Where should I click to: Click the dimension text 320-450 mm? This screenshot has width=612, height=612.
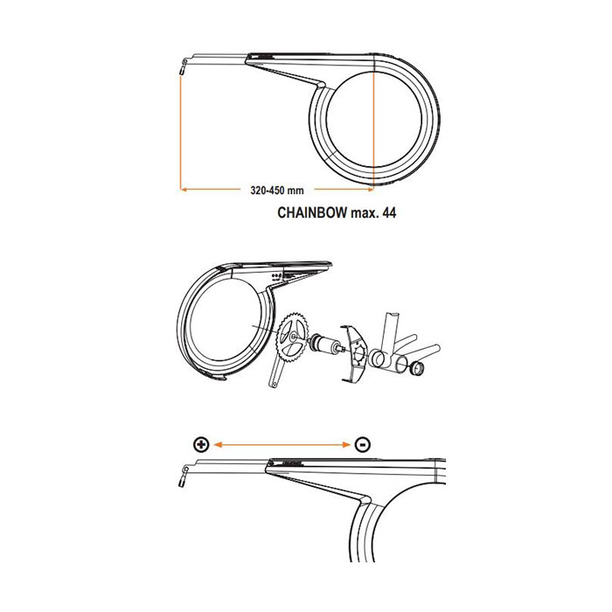(x=277, y=191)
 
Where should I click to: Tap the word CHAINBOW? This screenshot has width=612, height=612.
(x=312, y=212)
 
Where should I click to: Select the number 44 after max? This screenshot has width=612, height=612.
(x=389, y=212)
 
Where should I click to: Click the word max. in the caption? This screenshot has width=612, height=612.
(x=365, y=213)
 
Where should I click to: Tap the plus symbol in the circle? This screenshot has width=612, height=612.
(x=201, y=444)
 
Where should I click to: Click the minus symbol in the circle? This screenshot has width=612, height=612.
(x=363, y=444)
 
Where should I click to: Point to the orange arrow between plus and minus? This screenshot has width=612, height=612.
(x=282, y=444)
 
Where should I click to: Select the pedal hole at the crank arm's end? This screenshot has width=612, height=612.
(x=275, y=384)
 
